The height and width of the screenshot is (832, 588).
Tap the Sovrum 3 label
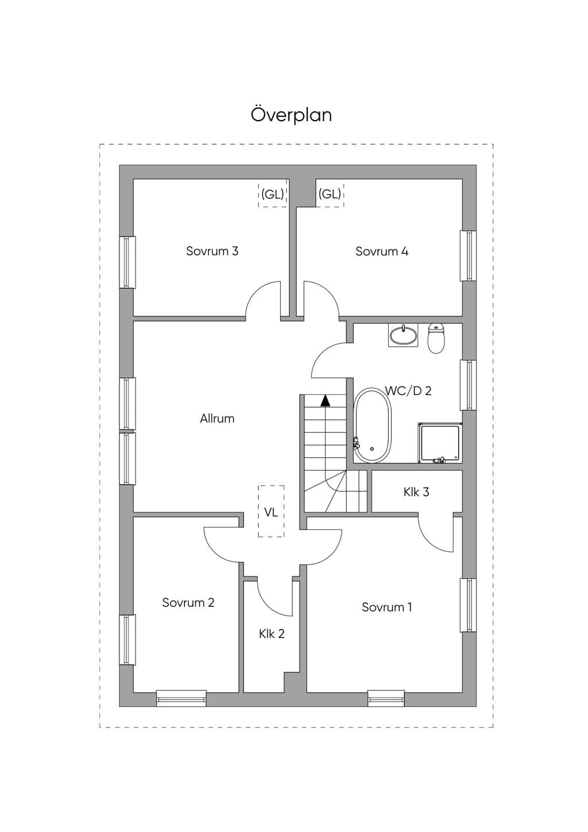click(212, 251)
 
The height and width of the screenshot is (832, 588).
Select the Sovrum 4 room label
click(382, 251)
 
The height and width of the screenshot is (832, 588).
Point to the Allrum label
click(217, 419)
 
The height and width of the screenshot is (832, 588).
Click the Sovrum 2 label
click(188, 602)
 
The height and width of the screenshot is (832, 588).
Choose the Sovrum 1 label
click(386, 607)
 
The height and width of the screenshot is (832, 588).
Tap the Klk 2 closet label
click(272, 634)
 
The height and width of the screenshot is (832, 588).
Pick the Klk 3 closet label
click(416, 492)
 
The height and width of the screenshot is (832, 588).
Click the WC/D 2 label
click(408, 391)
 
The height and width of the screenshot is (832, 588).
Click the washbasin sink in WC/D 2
click(403, 335)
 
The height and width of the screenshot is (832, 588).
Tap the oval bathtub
click(372, 425)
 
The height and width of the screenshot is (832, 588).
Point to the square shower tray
click(440, 443)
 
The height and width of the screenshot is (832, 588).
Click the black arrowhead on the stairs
click(326, 400)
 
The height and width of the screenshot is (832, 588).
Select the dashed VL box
click(271, 511)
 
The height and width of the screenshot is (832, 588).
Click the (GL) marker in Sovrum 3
click(273, 194)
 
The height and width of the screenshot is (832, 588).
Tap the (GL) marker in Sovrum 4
click(330, 194)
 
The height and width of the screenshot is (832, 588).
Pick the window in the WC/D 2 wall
click(469, 385)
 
